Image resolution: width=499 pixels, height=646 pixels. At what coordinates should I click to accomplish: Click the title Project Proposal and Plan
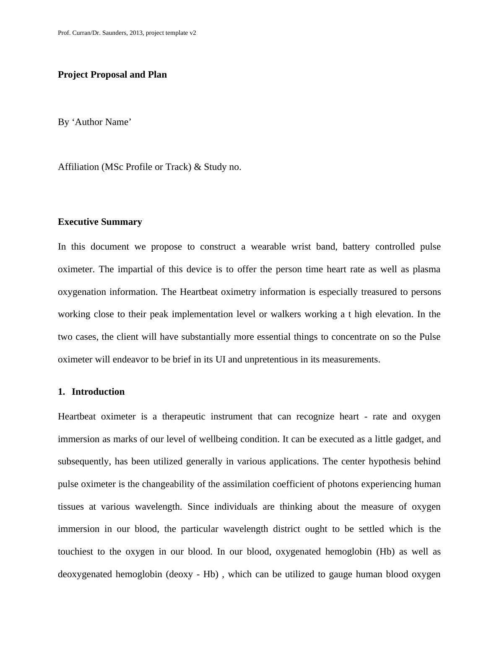[112, 75]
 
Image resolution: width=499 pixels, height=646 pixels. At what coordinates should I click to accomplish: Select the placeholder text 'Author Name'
[101, 122]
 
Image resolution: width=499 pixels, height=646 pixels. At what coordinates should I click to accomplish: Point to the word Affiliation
[78, 167]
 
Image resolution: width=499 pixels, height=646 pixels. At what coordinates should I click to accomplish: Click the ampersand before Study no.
[198, 167]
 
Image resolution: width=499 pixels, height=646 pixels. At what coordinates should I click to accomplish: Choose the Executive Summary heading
[100, 222]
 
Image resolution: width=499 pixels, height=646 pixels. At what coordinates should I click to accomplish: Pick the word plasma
[426, 269]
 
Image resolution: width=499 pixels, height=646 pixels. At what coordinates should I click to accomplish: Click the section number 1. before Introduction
[62, 392]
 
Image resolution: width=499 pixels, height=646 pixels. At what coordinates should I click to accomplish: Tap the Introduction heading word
[98, 392]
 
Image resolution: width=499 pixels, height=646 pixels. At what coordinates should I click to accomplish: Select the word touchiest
[75, 552]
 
